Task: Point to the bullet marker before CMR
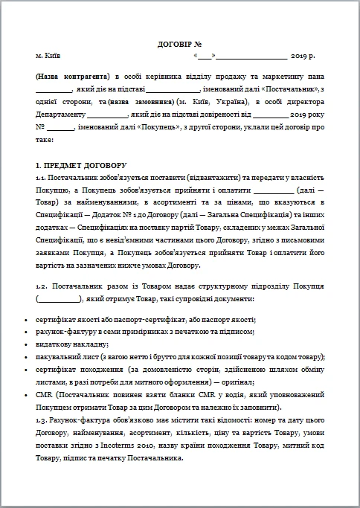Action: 28,394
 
